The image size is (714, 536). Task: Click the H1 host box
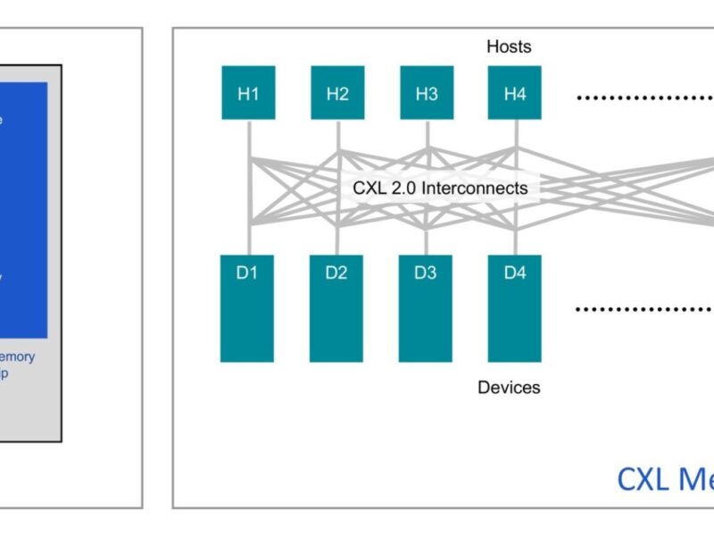248,94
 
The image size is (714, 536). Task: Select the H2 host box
337,94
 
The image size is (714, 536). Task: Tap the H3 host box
427,94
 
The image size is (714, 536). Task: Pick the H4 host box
515,94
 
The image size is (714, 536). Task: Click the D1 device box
247,308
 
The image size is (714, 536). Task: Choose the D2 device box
336,308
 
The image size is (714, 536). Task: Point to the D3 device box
426,308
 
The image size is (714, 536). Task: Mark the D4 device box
515,308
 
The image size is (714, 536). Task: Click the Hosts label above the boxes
509,46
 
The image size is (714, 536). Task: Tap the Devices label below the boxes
509,388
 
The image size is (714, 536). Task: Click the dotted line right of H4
643,96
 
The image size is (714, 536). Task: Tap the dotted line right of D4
643,309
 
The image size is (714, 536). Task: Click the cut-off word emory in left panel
17,356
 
